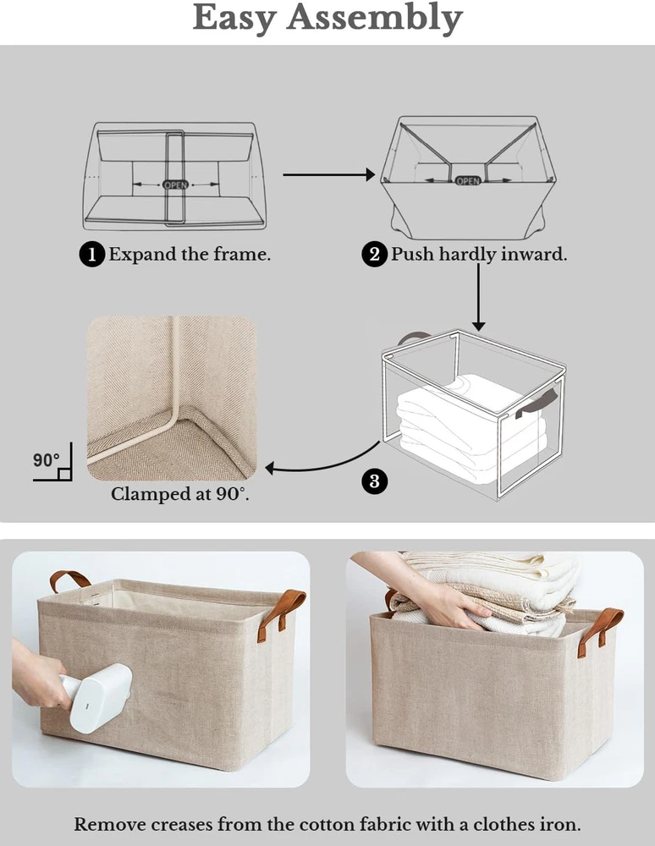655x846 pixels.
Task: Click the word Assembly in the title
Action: point(374,19)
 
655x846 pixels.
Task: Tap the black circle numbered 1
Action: point(91,254)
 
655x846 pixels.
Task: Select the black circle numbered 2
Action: point(374,254)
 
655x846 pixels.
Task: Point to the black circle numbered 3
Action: point(374,481)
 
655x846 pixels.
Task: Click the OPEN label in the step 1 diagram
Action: point(175,184)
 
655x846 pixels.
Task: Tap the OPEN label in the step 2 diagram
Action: point(468,181)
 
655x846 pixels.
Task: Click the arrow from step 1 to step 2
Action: point(328,174)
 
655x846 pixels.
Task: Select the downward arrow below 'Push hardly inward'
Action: point(478,297)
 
